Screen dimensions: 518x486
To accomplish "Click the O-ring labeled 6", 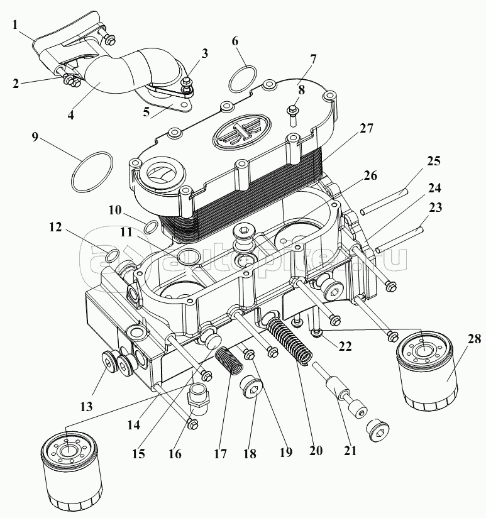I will click(242, 79).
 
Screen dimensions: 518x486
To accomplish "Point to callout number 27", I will click(367, 128).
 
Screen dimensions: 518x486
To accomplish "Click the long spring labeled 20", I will click(290, 339).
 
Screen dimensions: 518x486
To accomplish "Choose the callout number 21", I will click(350, 450).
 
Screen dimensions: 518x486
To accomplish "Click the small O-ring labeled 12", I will click(111, 255).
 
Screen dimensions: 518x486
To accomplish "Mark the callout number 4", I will click(70, 115).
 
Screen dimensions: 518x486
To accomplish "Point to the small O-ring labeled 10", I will click(152, 226).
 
